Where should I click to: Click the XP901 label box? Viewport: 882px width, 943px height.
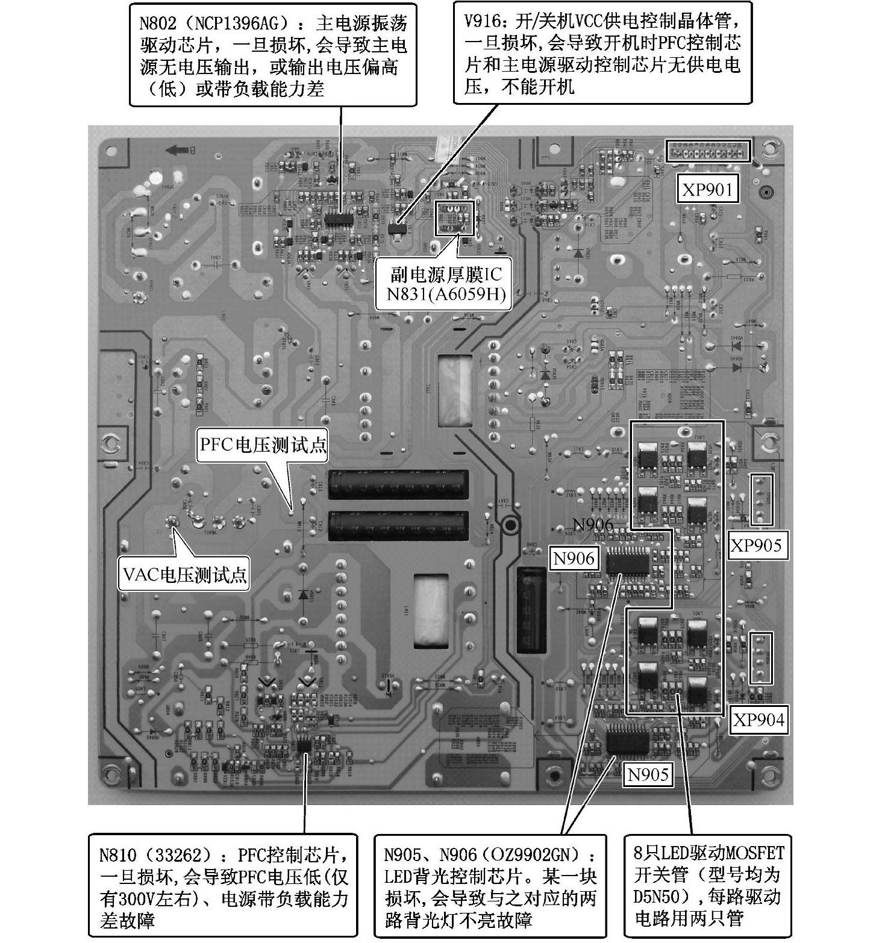(x=707, y=190)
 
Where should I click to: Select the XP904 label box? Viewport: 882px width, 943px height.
(x=758, y=720)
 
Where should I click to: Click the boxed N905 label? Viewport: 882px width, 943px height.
(x=648, y=774)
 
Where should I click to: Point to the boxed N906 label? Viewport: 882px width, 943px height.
(x=574, y=559)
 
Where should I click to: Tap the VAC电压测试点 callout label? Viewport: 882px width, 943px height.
(x=184, y=574)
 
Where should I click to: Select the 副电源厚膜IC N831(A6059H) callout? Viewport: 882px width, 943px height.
(x=445, y=284)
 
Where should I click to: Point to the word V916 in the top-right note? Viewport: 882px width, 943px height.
(x=482, y=22)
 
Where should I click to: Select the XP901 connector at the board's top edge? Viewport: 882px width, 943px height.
(x=708, y=151)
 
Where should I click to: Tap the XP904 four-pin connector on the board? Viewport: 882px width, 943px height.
(x=762, y=658)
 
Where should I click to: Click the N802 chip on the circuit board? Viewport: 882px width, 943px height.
(x=339, y=218)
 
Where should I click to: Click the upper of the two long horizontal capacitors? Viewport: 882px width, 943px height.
(x=398, y=485)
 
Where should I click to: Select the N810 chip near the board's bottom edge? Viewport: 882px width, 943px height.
(x=305, y=745)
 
